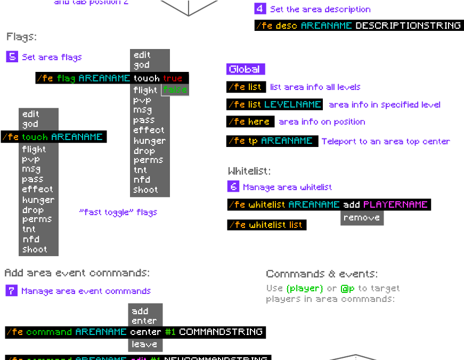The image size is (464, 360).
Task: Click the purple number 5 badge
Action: [x=12, y=56]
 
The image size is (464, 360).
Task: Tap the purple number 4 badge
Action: [x=260, y=9]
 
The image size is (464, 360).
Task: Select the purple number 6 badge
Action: [x=233, y=186]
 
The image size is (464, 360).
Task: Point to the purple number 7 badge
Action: [x=11, y=290]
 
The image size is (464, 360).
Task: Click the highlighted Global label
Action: [x=245, y=69]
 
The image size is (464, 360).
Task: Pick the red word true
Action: [x=173, y=78]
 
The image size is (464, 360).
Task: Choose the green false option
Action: [x=175, y=90]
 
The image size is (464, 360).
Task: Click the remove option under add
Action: [x=362, y=218]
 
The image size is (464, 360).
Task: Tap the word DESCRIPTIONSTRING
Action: [x=408, y=25]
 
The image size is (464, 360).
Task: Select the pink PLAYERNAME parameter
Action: [x=395, y=204]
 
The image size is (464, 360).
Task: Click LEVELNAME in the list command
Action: [x=292, y=104]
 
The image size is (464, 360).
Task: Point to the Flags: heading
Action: [x=21, y=37]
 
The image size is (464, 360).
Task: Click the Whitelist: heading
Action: [x=249, y=171]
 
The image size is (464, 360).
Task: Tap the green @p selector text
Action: [x=348, y=288]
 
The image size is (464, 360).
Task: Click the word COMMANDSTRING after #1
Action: [x=221, y=332]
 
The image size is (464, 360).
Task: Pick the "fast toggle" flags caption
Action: [x=118, y=212]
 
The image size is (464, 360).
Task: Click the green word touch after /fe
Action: [x=35, y=137]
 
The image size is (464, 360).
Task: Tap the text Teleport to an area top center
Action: [x=386, y=141]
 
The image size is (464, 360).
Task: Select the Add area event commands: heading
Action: [x=77, y=273]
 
